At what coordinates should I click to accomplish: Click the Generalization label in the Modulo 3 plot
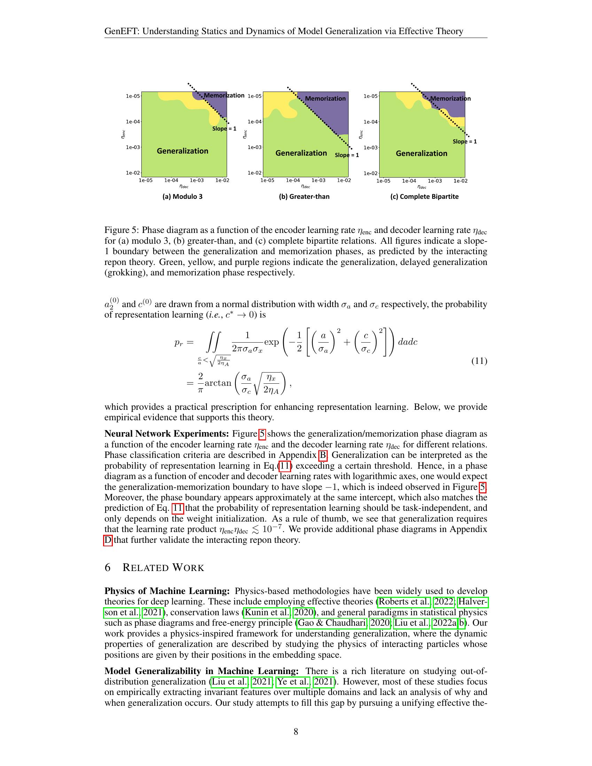tap(182, 151)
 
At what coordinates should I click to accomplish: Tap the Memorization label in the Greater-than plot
tap(325, 99)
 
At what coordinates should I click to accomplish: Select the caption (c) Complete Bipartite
tap(424, 196)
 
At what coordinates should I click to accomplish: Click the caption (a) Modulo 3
tap(182, 196)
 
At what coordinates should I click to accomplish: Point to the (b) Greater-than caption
tap(304, 196)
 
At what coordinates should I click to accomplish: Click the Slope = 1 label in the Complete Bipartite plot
tap(464, 142)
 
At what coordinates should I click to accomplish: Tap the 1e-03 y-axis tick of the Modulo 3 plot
tap(133, 147)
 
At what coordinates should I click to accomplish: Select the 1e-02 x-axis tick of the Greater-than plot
tap(344, 181)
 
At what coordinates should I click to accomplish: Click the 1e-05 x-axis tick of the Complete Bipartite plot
tap(383, 181)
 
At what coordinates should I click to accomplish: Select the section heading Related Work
tap(163, 568)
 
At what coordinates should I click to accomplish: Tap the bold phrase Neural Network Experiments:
tap(167, 434)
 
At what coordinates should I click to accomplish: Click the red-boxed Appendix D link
tap(108, 540)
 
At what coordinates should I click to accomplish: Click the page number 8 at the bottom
tap(296, 732)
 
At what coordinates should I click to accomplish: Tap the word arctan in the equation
tap(218, 383)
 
